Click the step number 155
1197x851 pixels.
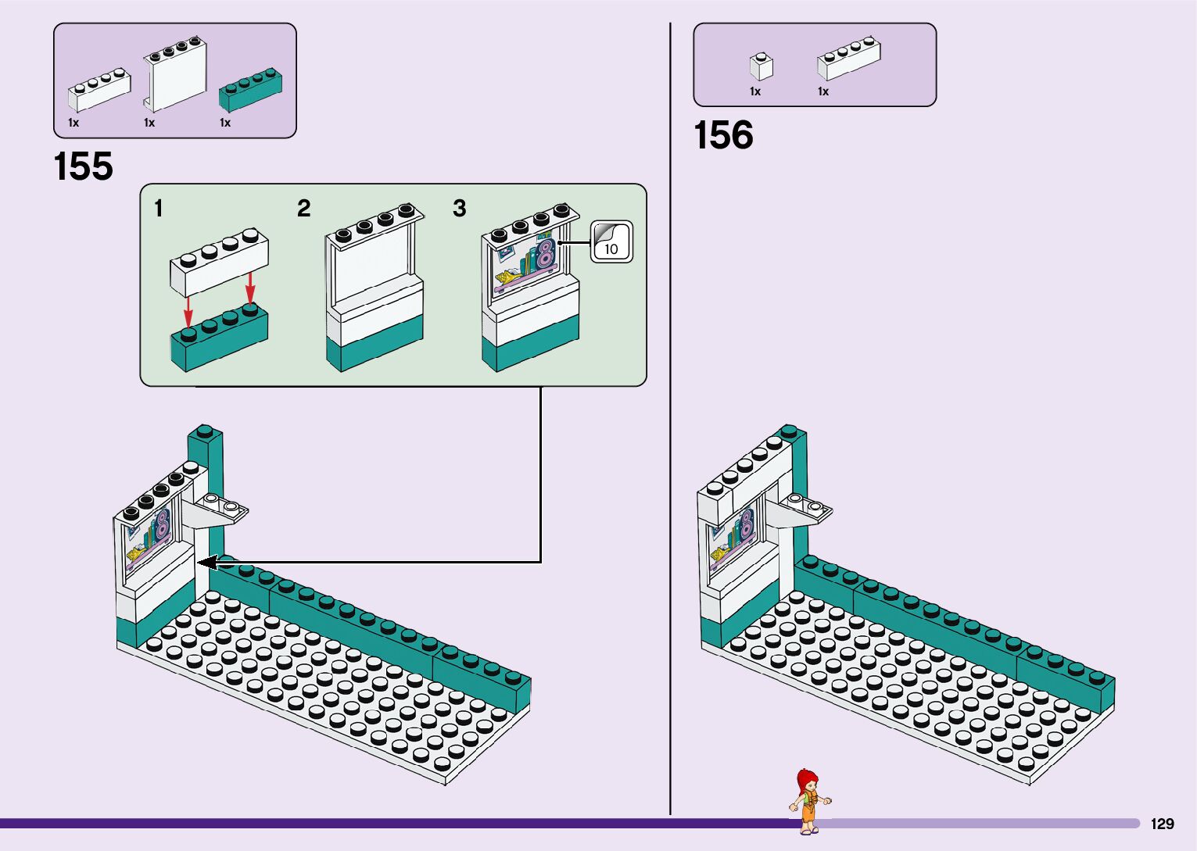pos(83,166)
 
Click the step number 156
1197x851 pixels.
pos(723,135)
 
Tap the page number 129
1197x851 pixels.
pos(1162,824)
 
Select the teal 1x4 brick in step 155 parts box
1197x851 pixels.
pos(250,90)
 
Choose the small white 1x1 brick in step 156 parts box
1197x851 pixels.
pos(761,66)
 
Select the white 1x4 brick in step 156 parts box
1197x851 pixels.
pos(848,59)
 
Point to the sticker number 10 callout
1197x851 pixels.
pos(611,242)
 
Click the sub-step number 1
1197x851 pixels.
pos(159,209)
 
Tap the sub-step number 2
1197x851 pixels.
pos(303,209)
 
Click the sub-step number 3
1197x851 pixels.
pos(459,209)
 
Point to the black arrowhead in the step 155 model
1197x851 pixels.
pos(206,562)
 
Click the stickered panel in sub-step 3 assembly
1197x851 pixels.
pos(526,262)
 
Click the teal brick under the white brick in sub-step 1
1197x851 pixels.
pos(219,340)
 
